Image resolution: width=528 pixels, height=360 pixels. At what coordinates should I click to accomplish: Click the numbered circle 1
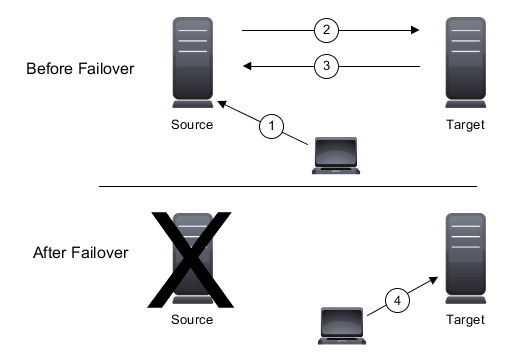click(272, 126)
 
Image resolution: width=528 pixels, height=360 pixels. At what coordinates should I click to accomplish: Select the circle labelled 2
click(326, 30)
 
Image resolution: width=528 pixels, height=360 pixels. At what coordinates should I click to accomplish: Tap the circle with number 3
click(326, 66)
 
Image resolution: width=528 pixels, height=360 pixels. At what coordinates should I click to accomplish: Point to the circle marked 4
click(397, 299)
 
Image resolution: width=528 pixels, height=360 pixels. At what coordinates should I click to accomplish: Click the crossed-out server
click(192, 256)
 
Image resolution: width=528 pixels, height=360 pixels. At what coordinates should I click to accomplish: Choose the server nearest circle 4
click(466, 256)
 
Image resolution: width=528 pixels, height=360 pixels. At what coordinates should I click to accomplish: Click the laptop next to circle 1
click(336, 155)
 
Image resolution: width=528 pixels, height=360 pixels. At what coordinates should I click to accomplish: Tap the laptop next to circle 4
click(341, 325)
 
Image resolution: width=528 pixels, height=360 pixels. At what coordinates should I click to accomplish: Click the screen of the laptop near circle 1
click(336, 151)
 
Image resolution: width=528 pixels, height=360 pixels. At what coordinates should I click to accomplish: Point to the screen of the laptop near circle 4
click(341, 321)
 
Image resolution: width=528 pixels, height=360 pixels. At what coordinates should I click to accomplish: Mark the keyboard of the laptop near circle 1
click(336, 170)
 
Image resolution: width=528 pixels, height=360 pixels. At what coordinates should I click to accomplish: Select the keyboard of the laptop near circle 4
click(341, 340)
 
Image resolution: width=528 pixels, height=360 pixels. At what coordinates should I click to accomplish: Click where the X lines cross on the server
click(192, 250)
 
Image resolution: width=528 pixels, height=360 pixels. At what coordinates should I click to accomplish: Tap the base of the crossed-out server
click(192, 299)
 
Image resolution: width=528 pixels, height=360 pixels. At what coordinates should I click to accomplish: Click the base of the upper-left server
click(192, 103)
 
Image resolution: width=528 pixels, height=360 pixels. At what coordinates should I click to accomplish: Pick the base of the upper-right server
click(466, 103)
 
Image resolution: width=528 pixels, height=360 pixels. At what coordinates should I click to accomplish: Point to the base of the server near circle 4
click(466, 299)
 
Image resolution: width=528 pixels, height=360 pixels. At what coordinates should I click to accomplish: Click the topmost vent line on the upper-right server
click(466, 31)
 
